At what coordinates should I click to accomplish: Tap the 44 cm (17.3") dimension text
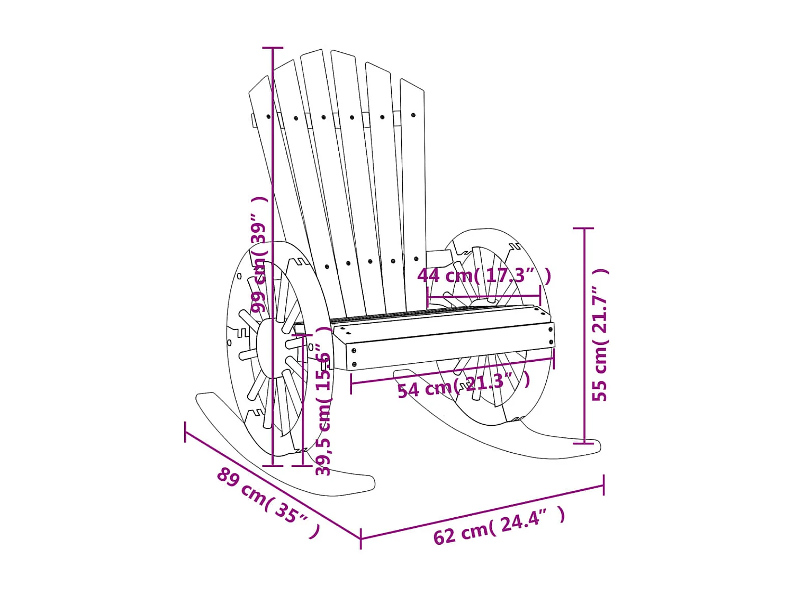pos(484,276)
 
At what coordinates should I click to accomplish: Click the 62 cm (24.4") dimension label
pos(499,526)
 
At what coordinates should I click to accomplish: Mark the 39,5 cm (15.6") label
pos(323,402)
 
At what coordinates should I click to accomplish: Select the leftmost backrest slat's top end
pos(259,85)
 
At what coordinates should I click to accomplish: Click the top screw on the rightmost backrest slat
pos(413,115)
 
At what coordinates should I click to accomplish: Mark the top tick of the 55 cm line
pos(584,228)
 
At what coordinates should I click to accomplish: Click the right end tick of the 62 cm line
pos(603,485)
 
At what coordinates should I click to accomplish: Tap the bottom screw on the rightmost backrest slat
pos(416,259)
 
